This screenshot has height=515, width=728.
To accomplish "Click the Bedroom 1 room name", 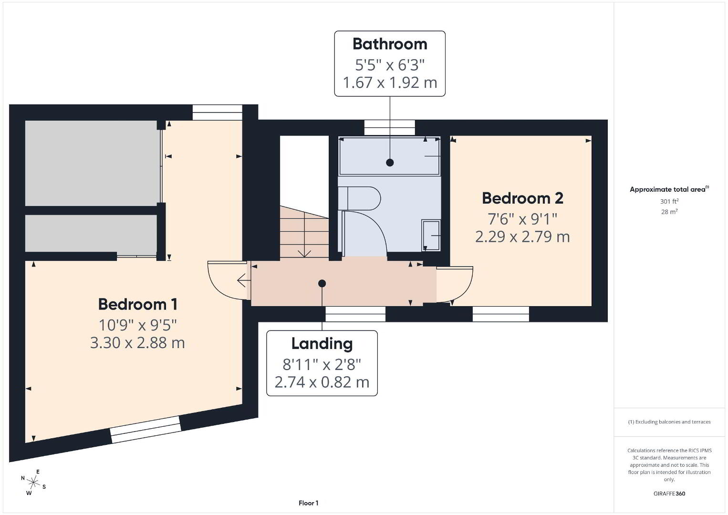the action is tap(138, 304).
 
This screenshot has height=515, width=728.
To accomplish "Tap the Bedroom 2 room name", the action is tap(522, 198).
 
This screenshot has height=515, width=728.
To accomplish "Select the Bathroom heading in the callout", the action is tap(390, 44).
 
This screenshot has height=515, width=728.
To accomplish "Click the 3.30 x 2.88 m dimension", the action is tap(137, 343).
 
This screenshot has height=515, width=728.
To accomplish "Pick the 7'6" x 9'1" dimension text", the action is tap(522, 219).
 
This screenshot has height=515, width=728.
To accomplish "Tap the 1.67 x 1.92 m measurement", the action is tap(390, 82).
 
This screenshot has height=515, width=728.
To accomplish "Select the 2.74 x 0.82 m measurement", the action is tap(322, 382).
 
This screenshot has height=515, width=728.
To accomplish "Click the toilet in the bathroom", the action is tap(359, 198).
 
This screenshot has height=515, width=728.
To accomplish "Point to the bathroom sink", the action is tap(431, 236).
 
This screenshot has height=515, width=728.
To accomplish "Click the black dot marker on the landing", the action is tap(322, 284).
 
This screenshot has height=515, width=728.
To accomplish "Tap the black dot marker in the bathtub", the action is tap(390, 163).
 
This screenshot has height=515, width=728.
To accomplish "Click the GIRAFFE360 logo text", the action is tap(669, 494).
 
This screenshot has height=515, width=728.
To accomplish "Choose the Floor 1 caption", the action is tap(309, 503).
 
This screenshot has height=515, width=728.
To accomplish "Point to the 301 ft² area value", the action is tap(669, 201).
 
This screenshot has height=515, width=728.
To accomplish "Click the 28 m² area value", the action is tap(669, 212).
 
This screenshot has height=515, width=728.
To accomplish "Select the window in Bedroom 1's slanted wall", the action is tap(146, 430).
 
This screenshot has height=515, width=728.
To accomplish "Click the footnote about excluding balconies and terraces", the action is tap(669, 422).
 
